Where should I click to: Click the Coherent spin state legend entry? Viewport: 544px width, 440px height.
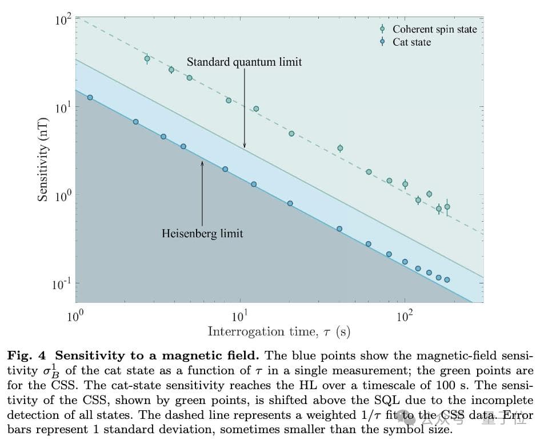click(434, 29)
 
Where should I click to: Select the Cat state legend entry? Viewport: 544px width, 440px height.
click(411, 42)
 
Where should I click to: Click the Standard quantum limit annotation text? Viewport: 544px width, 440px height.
click(244, 62)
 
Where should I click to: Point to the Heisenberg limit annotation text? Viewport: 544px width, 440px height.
click(202, 233)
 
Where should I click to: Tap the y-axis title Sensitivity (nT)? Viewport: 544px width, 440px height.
click(42, 159)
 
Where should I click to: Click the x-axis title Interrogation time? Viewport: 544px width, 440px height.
click(278, 331)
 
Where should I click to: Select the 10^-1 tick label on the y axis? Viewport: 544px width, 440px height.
click(61, 284)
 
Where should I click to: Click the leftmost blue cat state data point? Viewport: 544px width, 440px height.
click(90, 98)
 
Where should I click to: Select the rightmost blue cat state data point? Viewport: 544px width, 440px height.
click(447, 280)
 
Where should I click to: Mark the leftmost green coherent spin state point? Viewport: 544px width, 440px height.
click(147, 58)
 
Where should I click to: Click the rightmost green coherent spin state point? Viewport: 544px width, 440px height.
click(447, 207)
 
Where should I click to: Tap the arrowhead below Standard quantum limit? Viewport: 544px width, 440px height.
click(244, 146)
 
